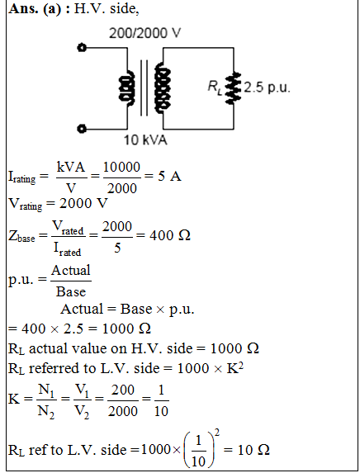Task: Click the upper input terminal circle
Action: point(82,48)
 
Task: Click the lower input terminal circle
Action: point(82,129)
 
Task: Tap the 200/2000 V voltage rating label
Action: point(144,33)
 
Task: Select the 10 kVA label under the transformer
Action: point(145,140)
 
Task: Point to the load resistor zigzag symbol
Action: point(234,88)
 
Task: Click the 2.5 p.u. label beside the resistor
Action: point(267,88)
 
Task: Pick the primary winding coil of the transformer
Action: point(126,88)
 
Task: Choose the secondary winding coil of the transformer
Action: point(163,88)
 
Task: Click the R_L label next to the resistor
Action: point(216,88)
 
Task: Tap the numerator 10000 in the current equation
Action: point(122,167)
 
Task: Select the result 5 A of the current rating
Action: point(169,176)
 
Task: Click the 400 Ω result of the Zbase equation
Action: point(170,235)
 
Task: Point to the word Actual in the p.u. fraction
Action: point(71,270)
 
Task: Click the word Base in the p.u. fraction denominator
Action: point(71,291)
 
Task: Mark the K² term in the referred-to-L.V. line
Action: point(235,367)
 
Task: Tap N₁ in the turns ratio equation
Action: point(46,390)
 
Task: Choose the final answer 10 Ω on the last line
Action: point(253,450)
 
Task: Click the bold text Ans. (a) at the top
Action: point(35,9)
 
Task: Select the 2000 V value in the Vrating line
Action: point(83,203)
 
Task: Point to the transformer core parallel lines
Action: point(144,88)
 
